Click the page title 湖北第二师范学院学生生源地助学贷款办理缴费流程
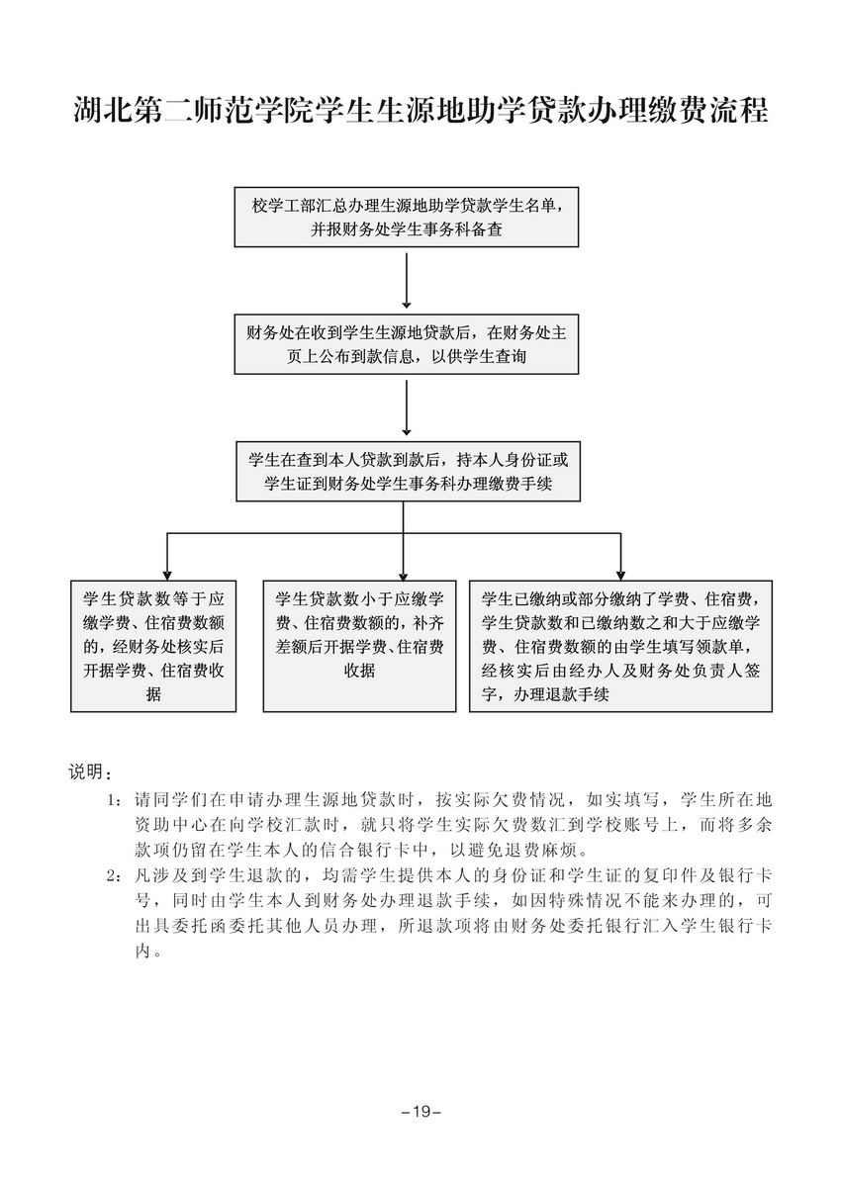tap(420, 111)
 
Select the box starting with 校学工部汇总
tap(407, 218)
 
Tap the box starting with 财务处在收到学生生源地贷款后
tap(407, 344)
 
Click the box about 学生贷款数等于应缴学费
tap(153, 646)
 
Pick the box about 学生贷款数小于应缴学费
tap(359, 646)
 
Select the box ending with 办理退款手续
tap(620, 646)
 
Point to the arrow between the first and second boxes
tap(407, 281)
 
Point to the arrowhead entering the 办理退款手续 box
tap(620, 573)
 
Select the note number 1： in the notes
tap(116, 799)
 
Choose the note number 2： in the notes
tap(116, 876)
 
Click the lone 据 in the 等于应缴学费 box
tap(152, 694)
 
